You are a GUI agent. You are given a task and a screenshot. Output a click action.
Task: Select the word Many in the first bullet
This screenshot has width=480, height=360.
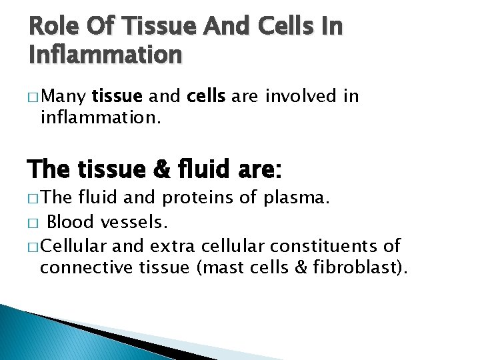tap(64, 97)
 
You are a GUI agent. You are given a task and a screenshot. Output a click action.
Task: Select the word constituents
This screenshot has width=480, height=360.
tap(319, 246)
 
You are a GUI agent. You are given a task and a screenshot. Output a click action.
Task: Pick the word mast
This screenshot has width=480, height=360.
tap(233, 269)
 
